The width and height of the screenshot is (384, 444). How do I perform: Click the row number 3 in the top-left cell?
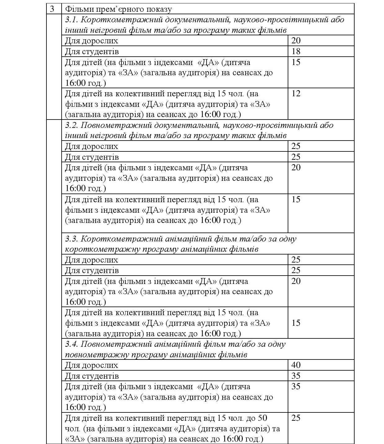[x=52, y=9]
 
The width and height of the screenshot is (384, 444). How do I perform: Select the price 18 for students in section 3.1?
[x=296, y=51]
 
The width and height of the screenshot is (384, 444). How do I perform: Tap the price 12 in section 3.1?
[x=296, y=94]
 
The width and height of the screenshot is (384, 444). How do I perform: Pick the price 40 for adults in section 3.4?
[x=296, y=365]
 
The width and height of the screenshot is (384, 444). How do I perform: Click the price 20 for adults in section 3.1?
[x=296, y=41]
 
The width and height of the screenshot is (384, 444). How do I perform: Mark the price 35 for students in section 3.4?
[x=296, y=376]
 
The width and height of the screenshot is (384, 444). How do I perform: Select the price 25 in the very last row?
[x=296, y=418]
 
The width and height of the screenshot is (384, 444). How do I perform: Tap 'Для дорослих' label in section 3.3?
[x=91, y=260]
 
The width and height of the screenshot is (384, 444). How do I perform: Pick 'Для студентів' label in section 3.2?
[x=92, y=157]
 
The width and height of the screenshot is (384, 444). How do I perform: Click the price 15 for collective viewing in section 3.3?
[x=296, y=323]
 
